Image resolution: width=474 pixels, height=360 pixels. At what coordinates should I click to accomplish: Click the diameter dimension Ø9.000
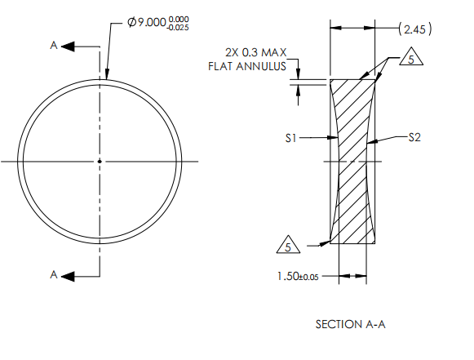point(147,22)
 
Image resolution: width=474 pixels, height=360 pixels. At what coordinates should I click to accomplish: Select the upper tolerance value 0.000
point(179,20)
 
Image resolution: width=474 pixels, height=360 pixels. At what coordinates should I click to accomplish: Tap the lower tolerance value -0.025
point(178,28)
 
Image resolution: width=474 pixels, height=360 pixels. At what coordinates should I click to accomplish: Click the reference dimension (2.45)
point(415,29)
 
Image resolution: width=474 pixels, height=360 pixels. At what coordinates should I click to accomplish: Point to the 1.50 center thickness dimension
point(288,276)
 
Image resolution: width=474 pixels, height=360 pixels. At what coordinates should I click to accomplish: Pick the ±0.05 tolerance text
point(308,277)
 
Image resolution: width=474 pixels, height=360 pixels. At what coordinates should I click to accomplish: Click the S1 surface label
point(290,138)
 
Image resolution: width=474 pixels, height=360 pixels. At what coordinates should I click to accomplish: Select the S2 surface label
point(414,138)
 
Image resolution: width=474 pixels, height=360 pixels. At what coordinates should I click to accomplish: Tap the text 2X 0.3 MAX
point(255,52)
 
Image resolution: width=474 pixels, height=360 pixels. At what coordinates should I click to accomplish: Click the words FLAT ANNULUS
point(247,66)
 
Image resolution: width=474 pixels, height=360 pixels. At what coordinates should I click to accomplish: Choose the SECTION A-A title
point(350,324)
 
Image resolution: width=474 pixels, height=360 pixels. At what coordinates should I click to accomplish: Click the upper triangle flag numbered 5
point(411,56)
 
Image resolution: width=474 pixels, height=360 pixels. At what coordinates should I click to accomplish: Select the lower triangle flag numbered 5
point(288,244)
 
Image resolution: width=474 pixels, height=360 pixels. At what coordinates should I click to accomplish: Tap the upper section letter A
point(54,46)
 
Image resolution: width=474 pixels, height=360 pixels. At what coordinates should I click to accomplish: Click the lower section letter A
point(54,274)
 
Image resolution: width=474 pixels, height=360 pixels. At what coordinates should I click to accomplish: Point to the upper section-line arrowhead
point(68,47)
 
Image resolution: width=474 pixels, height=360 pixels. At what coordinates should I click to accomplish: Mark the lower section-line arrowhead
point(68,276)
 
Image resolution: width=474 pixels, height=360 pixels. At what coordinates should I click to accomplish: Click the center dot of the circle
point(100,162)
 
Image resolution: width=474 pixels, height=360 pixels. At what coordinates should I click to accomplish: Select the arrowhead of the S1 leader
point(333,138)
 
